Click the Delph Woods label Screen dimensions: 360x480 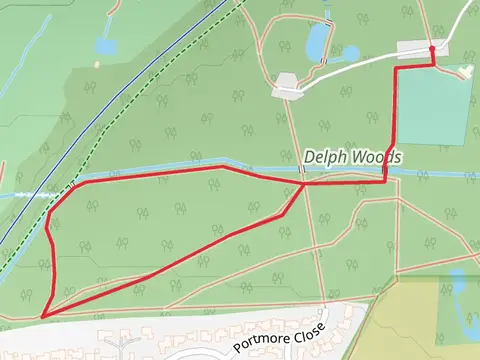click(x=352, y=158)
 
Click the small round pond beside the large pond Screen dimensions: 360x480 click(x=349, y=53)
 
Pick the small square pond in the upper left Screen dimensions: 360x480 click(x=106, y=45)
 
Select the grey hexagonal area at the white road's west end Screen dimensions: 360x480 click(x=286, y=86)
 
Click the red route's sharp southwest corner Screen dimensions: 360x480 click(x=43, y=316)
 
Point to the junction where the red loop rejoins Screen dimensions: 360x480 click(x=303, y=184)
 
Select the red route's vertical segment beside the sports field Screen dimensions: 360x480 click(x=391, y=120)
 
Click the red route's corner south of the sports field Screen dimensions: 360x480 click(x=386, y=181)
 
